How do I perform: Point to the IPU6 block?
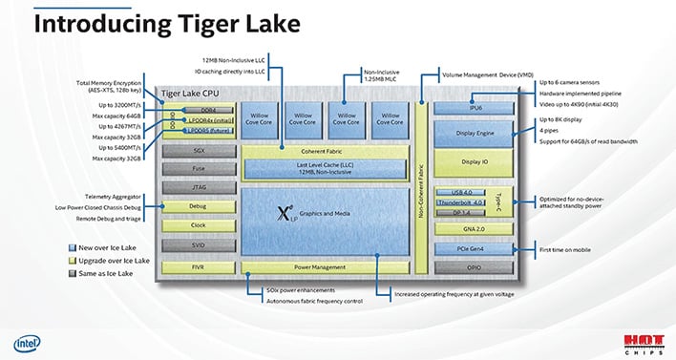(474, 109)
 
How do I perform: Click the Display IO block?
(474, 162)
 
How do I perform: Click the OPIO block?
(474, 267)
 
